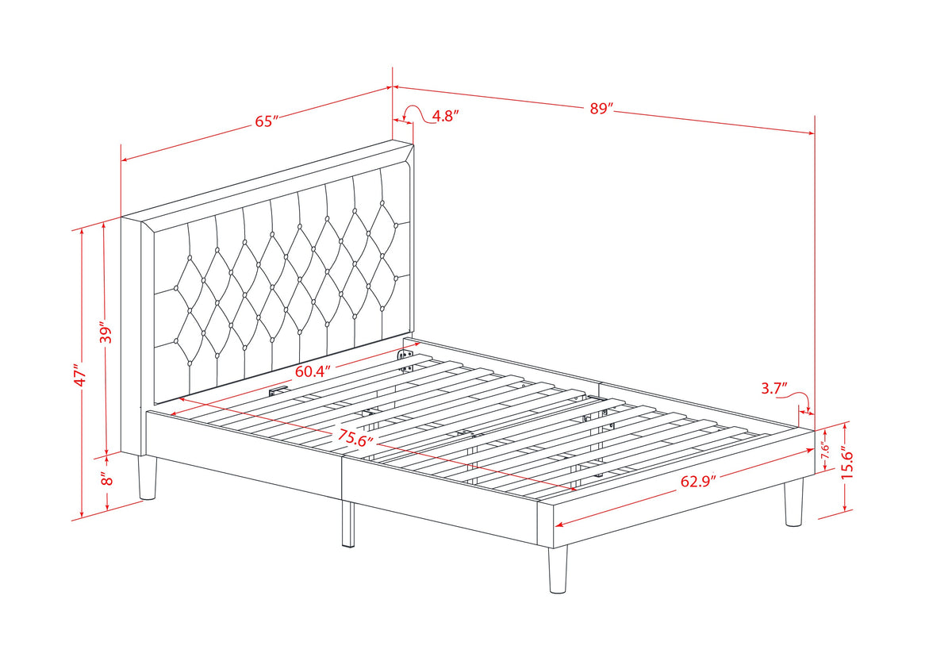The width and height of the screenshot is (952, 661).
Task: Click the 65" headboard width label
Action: (266, 121)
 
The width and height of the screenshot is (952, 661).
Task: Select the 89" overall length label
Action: (601, 109)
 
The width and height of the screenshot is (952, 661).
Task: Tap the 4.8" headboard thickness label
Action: (445, 116)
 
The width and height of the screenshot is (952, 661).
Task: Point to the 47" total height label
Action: (80, 375)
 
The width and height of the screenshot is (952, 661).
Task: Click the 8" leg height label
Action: (106, 478)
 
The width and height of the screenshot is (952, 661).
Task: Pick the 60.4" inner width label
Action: (313, 371)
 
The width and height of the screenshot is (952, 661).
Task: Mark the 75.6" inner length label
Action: (355, 437)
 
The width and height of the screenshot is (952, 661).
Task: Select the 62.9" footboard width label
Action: (698, 482)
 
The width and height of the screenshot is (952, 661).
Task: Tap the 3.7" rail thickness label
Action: (774, 388)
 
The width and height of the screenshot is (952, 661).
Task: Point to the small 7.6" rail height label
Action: (825, 450)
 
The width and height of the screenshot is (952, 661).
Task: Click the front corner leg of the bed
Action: (558, 569)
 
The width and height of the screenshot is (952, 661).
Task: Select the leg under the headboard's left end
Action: (148, 477)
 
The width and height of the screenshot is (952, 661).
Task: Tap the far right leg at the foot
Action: (793, 502)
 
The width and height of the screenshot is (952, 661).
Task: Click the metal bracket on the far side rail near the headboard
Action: (405, 361)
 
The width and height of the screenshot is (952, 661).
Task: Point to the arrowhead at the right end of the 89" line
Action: (812, 133)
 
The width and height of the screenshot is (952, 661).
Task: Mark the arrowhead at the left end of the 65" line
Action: (125, 160)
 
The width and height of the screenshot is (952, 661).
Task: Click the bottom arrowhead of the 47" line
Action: (81, 515)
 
